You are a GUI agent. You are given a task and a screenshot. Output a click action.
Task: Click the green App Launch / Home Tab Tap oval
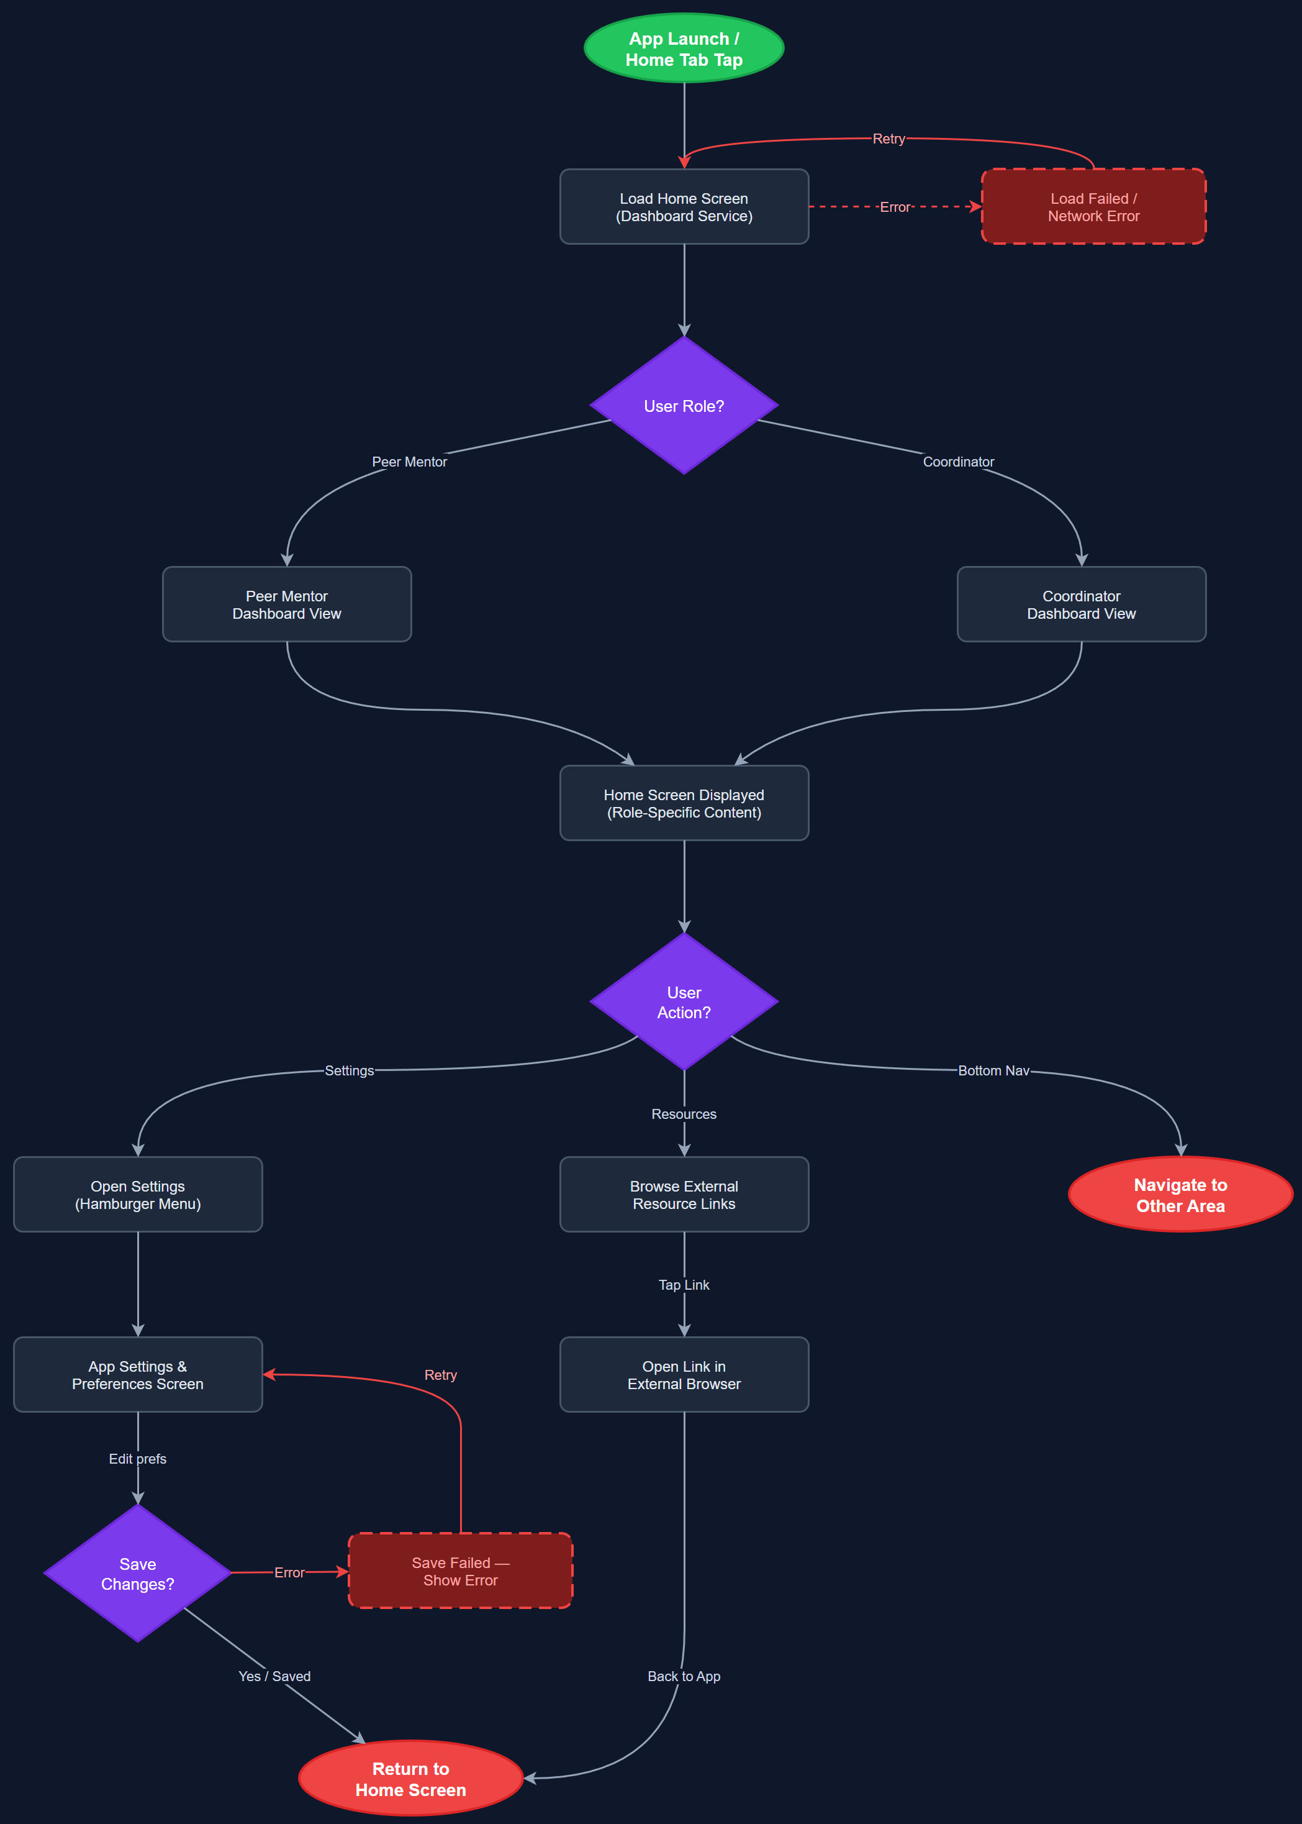click(684, 48)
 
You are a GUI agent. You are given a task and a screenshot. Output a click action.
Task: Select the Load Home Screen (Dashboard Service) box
click(684, 207)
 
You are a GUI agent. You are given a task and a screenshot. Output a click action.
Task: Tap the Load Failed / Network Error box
click(1093, 207)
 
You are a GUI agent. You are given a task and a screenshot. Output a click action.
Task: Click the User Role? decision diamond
click(684, 406)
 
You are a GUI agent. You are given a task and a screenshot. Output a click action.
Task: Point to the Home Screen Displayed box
click(684, 803)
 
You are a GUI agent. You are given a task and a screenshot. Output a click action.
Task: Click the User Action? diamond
click(684, 1002)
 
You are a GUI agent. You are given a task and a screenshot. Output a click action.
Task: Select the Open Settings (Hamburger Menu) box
click(138, 1194)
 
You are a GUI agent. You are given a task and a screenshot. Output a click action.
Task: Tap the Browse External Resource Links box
click(684, 1194)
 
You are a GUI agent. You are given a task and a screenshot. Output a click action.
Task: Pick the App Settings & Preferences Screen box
click(138, 1375)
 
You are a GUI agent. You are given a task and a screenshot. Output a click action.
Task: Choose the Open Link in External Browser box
click(684, 1375)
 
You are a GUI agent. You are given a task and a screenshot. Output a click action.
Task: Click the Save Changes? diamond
click(138, 1574)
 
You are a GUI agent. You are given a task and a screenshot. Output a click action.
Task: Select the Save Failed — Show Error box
click(460, 1571)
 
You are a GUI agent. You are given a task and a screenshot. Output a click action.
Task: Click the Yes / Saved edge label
click(274, 1676)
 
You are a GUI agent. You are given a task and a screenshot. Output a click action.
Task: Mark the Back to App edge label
click(684, 1676)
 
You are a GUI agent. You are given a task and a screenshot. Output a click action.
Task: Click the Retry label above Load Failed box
click(888, 139)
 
